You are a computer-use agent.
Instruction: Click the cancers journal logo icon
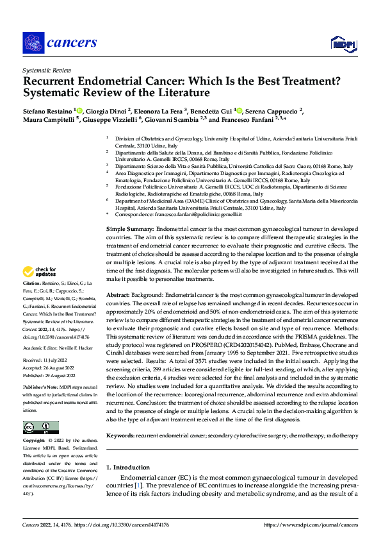pyautogui.click(x=33, y=43)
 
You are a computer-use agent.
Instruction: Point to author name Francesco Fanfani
pyautogui.click(x=253, y=120)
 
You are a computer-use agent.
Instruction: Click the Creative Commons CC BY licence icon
pyautogui.click(x=40, y=428)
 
